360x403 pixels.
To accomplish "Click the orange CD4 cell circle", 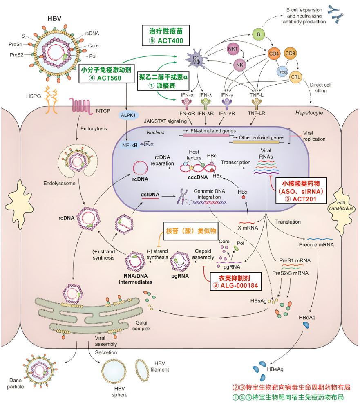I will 273,53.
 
